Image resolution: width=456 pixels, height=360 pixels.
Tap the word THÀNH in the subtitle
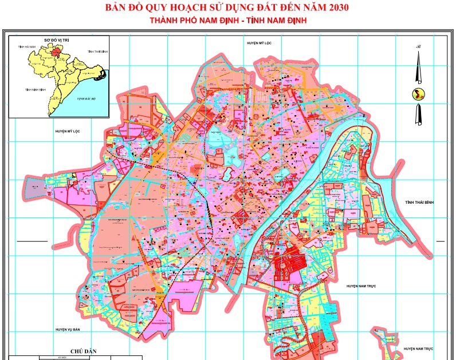[x=164, y=21]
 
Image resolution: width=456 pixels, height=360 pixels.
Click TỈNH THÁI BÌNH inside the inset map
[x=98, y=51]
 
